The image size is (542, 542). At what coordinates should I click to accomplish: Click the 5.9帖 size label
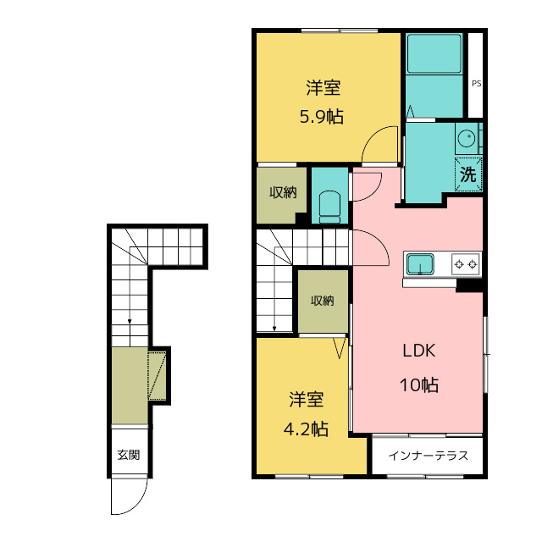(x=322, y=117)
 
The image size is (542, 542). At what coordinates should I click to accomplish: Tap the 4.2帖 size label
(x=306, y=429)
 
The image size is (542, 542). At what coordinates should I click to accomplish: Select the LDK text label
(x=419, y=351)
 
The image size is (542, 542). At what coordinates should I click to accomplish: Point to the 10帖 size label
(x=419, y=384)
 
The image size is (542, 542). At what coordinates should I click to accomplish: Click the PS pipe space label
(x=476, y=83)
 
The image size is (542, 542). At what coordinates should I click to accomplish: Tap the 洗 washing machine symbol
(x=468, y=174)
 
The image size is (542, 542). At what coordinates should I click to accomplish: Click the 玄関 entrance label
(x=129, y=455)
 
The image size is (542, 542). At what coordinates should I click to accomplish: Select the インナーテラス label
(x=429, y=456)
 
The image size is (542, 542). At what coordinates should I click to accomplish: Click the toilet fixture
(x=329, y=207)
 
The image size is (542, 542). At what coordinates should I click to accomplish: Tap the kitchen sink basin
(x=420, y=264)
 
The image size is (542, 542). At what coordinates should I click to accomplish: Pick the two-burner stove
(x=466, y=264)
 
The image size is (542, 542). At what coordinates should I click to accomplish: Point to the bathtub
(x=434, y=53)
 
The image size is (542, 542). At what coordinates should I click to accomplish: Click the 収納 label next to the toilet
(x=283, y=192)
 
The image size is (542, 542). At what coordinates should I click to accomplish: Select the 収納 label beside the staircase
(x=322, y=301)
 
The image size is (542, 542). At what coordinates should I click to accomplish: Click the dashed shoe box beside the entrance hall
(x=157, y=375)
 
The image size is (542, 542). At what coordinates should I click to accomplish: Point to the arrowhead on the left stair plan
(x=130, y=322)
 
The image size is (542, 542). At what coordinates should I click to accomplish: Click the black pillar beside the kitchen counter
(x=469, y=285)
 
